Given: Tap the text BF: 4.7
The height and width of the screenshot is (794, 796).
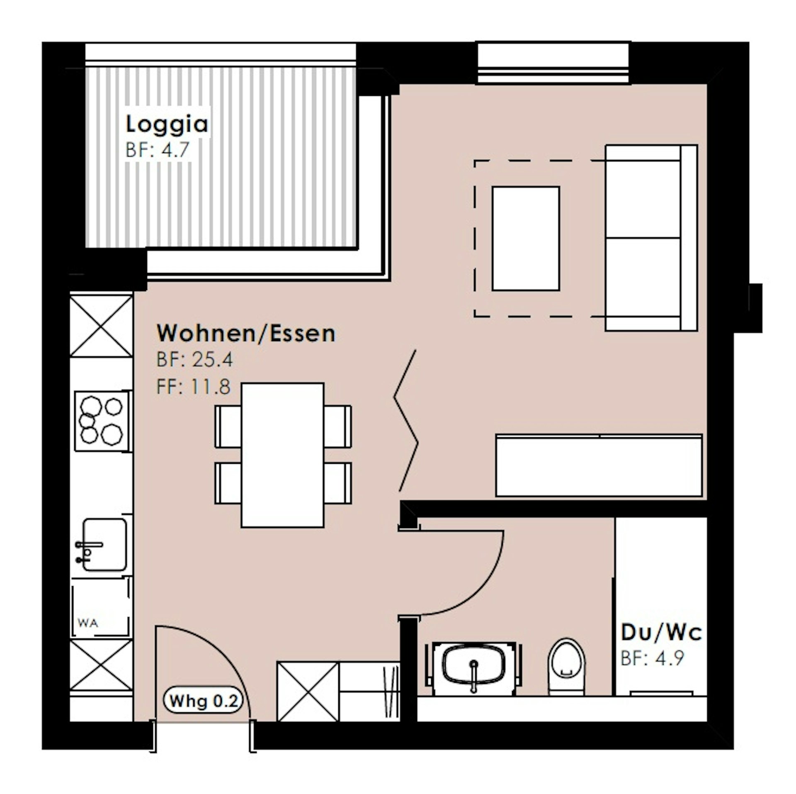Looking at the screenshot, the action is [x=157, y=150].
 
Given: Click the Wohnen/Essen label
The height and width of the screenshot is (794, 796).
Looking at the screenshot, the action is [x=246, y=333].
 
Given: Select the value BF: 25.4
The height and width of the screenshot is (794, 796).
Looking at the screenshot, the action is [x=194, y=360].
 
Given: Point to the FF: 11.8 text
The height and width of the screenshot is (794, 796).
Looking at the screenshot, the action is [x=193, y=387].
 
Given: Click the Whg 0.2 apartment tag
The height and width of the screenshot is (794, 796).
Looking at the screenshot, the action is [x=204, y=701].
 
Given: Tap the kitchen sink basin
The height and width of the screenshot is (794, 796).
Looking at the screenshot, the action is [x=104, y=545].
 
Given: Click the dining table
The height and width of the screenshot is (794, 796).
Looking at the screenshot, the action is [x=282, y=455].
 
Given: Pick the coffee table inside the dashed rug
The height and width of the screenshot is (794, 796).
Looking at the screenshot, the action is [x=526, y=239].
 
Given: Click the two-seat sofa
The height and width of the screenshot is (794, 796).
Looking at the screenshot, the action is [x=651, y=238].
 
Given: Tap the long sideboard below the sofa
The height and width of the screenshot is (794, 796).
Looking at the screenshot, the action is [x=599, y=465].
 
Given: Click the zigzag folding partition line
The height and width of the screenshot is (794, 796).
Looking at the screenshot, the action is [x=405, y=421].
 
